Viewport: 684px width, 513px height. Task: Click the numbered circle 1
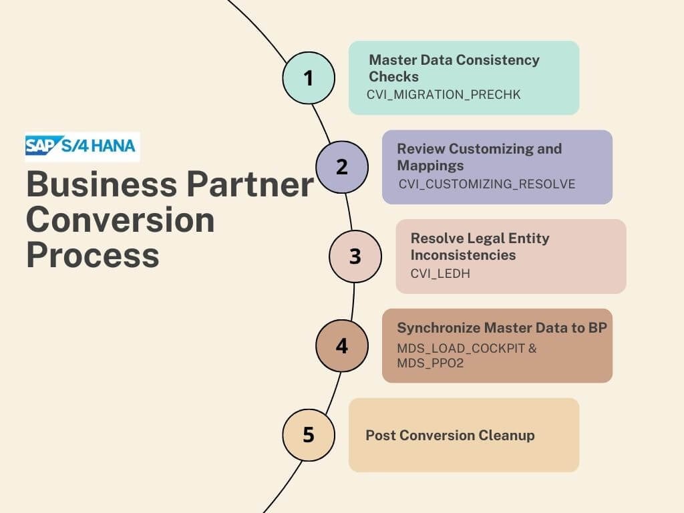pos(309,78)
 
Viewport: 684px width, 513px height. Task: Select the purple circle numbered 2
pos(342,167)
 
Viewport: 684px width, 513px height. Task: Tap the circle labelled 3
pos(355,256)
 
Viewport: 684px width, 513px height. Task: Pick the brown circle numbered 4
pos(342,346)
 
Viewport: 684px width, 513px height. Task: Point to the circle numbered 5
pos(309,435)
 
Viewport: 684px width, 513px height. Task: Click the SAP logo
pos(41,145)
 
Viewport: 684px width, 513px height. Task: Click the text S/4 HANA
pos(98,146)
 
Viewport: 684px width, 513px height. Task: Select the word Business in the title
pos(102,184)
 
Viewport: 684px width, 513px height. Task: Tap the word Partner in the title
pos(250,184)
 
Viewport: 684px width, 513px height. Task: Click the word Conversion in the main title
pos(120,219)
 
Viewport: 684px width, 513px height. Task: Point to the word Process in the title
pos(93,255)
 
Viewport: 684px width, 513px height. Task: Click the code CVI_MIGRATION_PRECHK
pos(444,95)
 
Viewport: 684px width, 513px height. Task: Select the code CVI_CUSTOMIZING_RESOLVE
pos(487,184)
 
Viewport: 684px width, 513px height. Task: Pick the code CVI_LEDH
pos(440,273)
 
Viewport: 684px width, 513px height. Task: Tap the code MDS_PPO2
pos(430,363)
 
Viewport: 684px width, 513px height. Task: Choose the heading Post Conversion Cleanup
pos(450,436)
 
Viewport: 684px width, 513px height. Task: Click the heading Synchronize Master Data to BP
pos(502,327)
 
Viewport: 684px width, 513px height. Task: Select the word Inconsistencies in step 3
pos(464,254)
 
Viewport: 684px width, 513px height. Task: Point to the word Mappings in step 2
pos(431,166)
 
